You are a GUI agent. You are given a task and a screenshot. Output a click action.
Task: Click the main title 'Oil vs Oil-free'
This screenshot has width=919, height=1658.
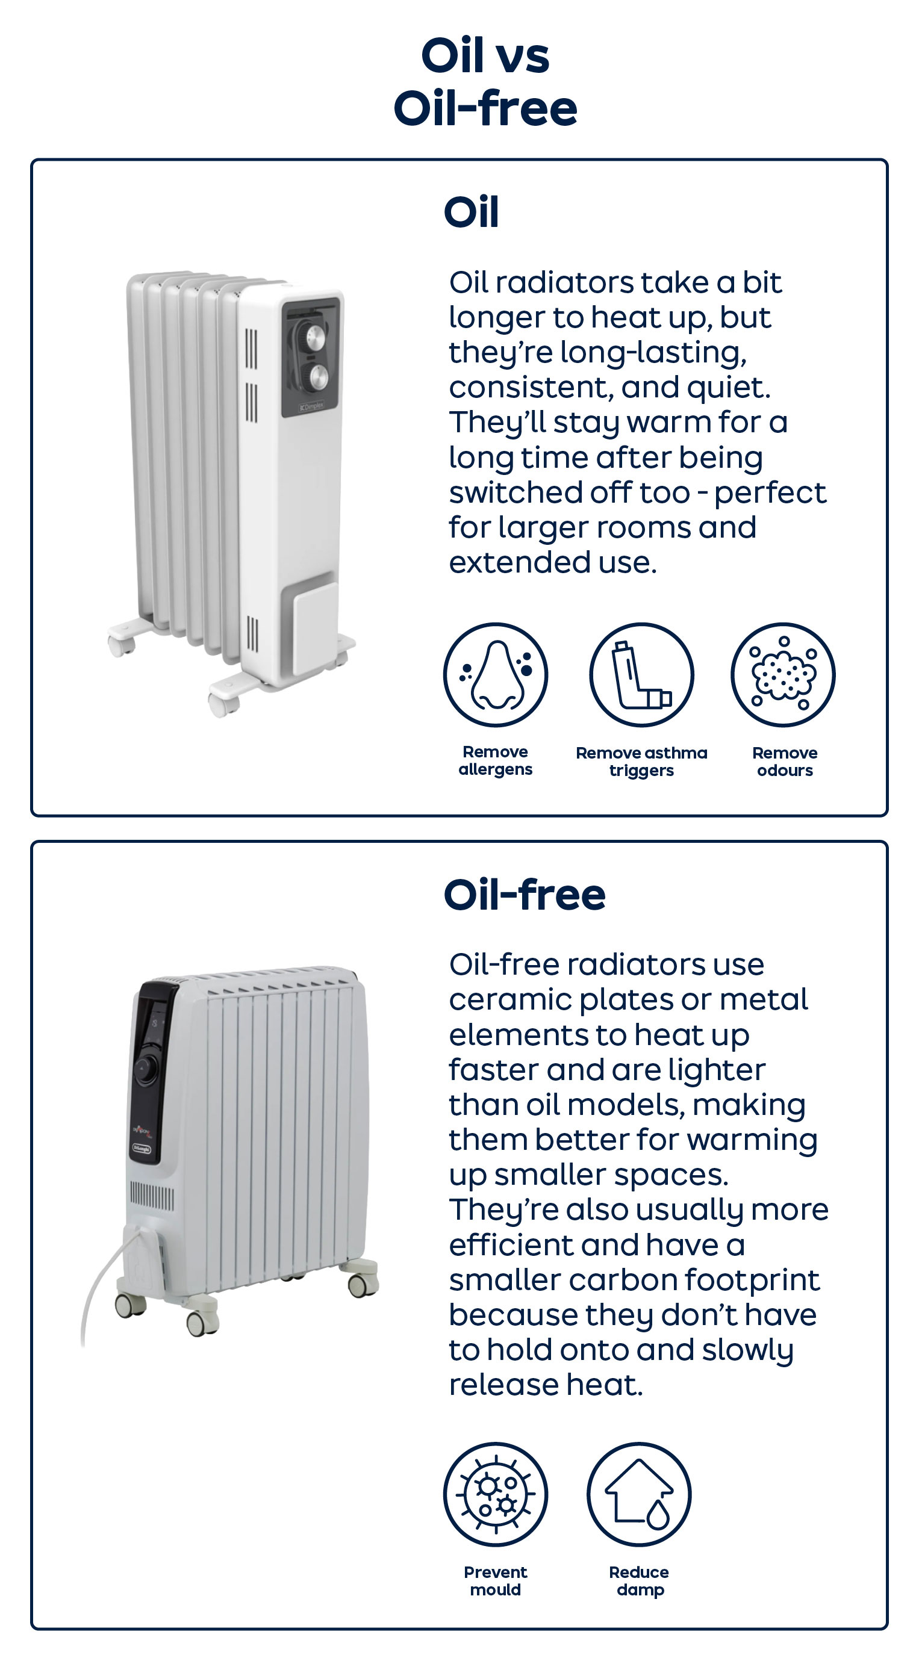[x=485, y=81]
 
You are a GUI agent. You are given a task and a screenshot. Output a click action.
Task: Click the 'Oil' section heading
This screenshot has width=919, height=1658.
[x=472, y=212]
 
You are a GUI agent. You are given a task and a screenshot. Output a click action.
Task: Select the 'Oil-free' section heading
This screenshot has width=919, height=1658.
[x=525, y=894]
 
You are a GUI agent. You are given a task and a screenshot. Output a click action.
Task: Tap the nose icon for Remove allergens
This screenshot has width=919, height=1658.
[x=495, y=674]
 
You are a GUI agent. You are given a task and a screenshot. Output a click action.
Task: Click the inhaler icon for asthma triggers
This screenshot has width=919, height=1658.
[x=641, y=674]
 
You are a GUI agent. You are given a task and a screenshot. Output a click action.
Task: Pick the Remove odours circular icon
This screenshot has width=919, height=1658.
[x=783, y=674]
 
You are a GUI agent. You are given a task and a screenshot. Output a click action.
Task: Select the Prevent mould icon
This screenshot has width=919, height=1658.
[x=495, y=1494]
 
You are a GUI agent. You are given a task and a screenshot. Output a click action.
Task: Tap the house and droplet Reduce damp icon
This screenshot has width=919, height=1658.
[x=639, y=1494]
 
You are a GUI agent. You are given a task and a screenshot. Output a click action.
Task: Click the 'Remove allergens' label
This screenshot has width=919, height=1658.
[x=495, y=760]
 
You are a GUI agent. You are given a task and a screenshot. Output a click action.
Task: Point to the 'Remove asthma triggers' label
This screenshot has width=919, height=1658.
[x=641, y=762]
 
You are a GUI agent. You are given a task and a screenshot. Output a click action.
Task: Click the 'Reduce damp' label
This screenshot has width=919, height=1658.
[x=640, y=1582]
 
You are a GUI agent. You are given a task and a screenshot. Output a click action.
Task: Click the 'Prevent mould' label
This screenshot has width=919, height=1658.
[x=495, y=1581]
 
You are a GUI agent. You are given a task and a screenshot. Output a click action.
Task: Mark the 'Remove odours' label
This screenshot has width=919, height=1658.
[x=785, y=762]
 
